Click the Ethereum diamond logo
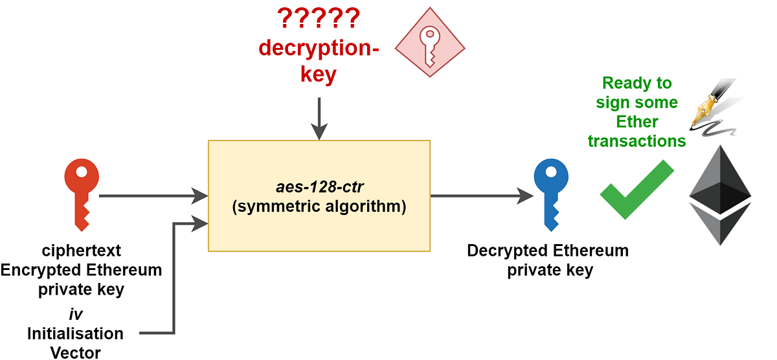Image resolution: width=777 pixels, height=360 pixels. (720, 194)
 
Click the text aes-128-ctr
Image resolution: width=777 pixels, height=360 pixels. (319, 190)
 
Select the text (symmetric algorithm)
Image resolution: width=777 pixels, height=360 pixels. (319, 208)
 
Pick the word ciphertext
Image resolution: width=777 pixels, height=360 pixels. (82, 250)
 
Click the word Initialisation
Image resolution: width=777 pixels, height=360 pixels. (75, 333)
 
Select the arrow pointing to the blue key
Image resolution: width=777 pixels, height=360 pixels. (479, 195)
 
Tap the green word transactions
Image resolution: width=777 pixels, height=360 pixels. (636, 141)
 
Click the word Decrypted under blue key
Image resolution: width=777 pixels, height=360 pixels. (506, 251)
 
